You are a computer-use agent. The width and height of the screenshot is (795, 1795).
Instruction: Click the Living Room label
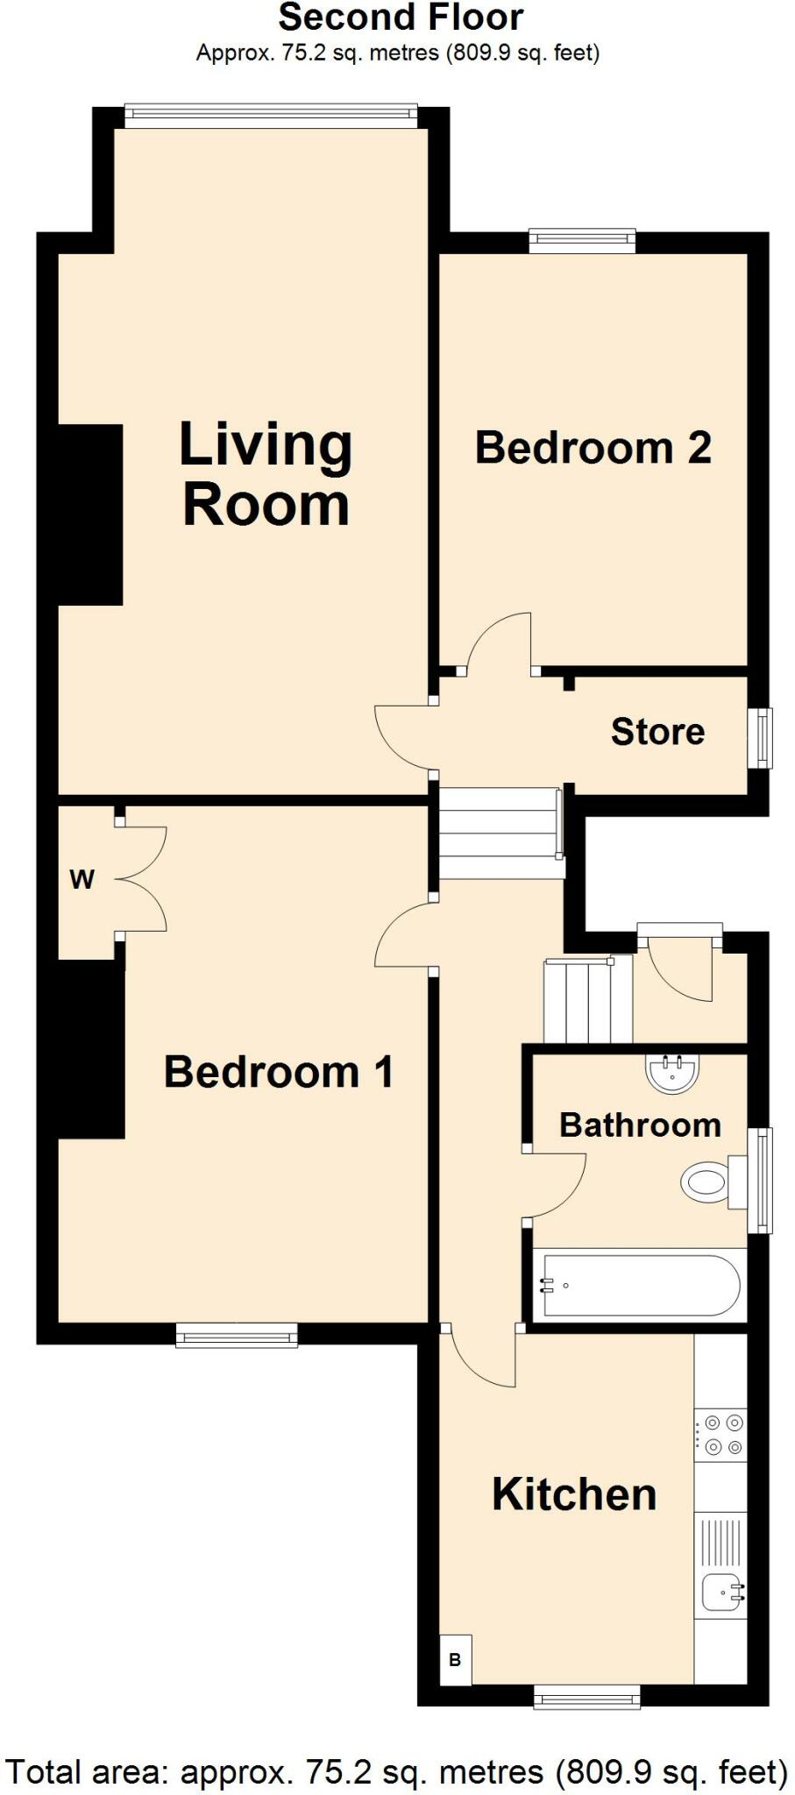tap(266, 474)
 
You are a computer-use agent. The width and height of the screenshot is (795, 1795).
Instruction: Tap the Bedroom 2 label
tap(593, 448)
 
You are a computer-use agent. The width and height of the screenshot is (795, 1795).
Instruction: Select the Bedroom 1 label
tap(278, 1072)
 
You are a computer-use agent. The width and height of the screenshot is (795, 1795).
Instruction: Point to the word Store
tap(657, 732)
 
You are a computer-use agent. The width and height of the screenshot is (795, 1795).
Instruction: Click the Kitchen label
tap(574, 1494)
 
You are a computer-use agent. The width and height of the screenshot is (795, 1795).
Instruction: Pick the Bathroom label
tap(640, 1125)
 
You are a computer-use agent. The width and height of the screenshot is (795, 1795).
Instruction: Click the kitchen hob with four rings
tap(720, 1434)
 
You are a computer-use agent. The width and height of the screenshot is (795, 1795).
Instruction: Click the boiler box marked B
tap(455, 1659)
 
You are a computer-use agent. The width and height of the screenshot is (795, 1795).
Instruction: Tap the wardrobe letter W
tap(82, 879)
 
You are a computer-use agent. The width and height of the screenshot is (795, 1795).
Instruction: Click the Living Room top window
tap(271, 111)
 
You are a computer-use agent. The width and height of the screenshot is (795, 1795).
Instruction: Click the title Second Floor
tap(401, 18)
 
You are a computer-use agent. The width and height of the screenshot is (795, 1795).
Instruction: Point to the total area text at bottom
tap(397, 1771)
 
